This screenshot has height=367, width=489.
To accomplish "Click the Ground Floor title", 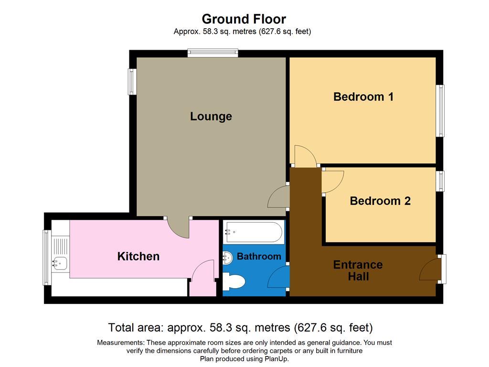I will pos(244,19).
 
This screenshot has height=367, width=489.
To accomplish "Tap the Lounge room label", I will pos(211,116).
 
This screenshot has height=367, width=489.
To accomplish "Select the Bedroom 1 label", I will pos(363,97).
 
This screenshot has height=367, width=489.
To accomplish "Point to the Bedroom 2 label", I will pos(380,201).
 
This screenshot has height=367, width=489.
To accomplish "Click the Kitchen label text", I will pos(138,256).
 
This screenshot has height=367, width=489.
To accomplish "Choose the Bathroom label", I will pos(259,257).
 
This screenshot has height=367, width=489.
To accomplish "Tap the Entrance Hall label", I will pos(358,270).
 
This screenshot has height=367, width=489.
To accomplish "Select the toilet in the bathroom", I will pos(234,281).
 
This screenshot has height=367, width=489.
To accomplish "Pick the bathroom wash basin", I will pos(228,257).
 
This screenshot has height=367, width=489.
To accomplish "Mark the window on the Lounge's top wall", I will pos(213,53).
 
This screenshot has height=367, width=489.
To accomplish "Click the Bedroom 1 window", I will pos(440,111).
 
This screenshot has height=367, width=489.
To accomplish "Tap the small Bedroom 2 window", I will pos(440,181).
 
